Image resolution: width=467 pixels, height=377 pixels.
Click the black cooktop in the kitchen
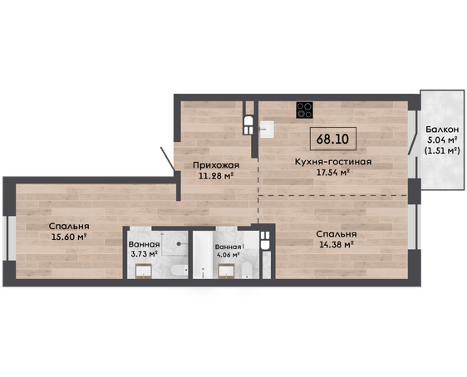[x=304, y=110]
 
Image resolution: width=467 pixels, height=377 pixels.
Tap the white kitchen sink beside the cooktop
[x=267, y=130]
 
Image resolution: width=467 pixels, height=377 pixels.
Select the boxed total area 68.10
[x=333, y=139]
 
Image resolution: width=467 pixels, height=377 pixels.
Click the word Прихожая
[x=216, y=165]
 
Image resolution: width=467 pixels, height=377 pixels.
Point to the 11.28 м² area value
[x=215, y=175]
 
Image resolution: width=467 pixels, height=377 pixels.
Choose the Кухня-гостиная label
[x=333, y=162]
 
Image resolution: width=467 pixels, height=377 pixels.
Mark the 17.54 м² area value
[x=333, y=172]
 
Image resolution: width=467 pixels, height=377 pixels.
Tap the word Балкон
[x=442, y=130]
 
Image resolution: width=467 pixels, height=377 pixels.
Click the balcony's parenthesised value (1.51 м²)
[x=442, y=150]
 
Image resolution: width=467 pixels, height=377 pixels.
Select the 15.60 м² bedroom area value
[x=69, y=237]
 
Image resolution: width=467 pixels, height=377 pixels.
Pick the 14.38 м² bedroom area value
[x=337, y=245]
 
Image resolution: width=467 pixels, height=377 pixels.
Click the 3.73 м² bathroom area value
[x=144, y=254]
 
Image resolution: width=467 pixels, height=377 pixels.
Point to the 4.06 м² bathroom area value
[x=229, y=255]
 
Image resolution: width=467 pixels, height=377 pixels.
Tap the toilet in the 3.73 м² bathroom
[x=179, y=270]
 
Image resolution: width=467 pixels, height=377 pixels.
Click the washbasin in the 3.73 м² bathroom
[x=144, y=271]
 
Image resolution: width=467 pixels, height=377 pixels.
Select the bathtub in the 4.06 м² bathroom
[x=203, y=255]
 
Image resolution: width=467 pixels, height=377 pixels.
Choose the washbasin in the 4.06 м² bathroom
[x=227, y=272]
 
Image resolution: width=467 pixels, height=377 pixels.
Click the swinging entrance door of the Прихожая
[x=167, y=159]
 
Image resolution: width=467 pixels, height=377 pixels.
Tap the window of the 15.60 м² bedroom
[x=9, y=237]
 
